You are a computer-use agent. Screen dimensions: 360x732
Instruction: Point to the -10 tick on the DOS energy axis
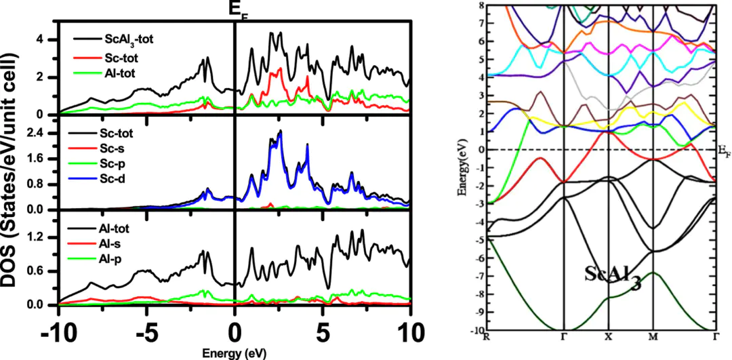click(58, 334)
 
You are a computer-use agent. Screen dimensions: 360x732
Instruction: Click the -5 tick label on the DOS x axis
click(147, 334)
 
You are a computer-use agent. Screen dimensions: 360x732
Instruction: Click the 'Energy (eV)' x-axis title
click(235, 354)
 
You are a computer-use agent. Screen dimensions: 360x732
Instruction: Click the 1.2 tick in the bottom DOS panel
click(41, 238)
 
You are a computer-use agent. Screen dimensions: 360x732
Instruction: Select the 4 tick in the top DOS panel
click(41, 40)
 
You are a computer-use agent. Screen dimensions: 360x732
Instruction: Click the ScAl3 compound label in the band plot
click(611, 276)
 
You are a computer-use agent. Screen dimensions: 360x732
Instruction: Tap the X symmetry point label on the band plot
click(608, 336)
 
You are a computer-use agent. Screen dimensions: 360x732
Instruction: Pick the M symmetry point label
click(653, 336)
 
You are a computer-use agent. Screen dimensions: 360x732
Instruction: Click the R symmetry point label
click(486, 336)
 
